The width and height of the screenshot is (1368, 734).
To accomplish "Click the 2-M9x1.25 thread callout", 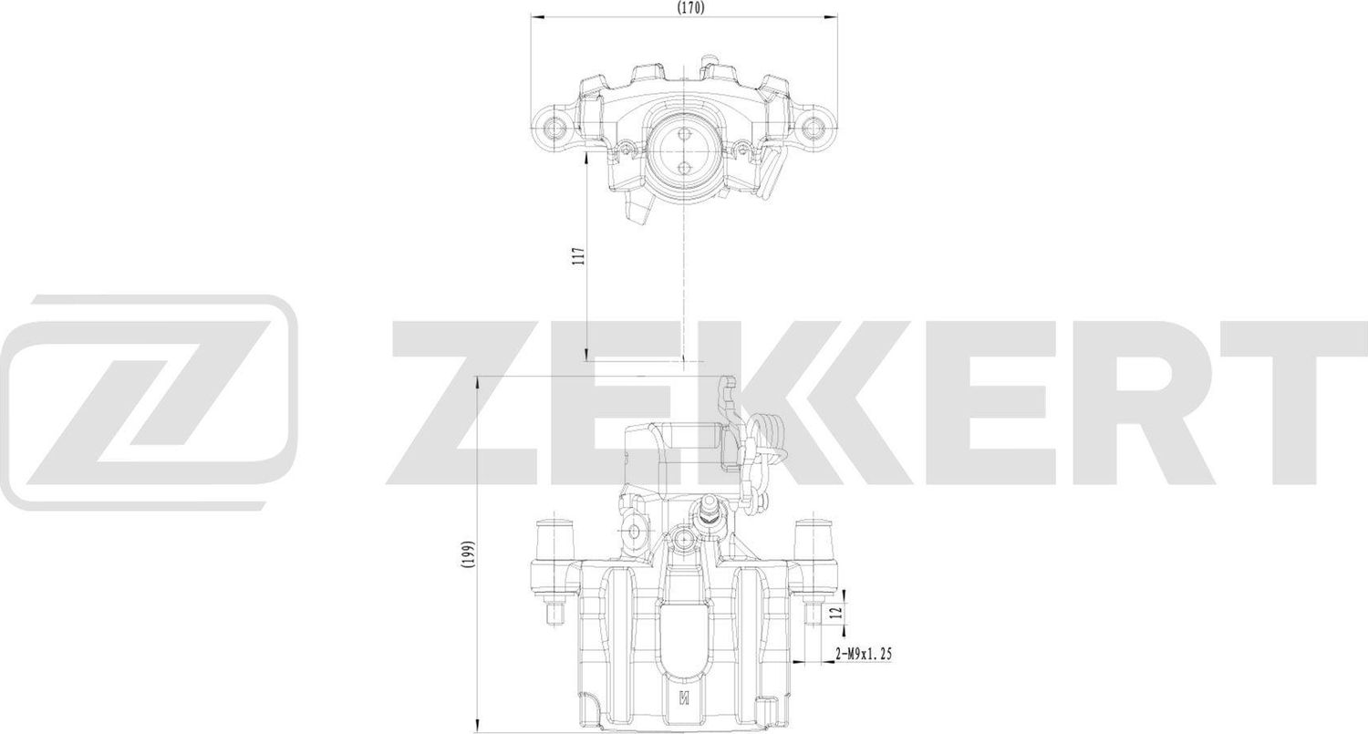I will pos(862,654).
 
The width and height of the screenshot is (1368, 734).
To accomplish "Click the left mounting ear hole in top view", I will pos(551,126).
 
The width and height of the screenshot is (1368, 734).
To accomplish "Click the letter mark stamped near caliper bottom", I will pos(683,699).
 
